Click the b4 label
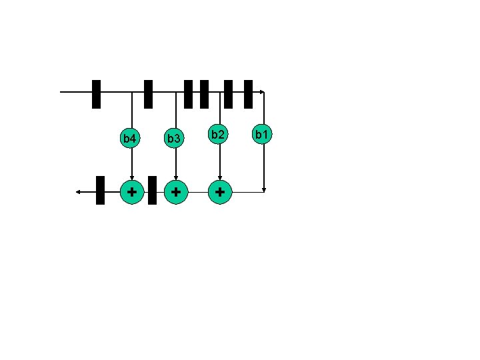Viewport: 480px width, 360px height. pyautogui.click(x=130, y=139)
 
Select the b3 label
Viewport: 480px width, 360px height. pyautogui.click(x=174, y=139)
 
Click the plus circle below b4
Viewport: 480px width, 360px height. pyautogui.click(x=132, y=191)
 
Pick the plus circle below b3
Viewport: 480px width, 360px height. pyautogui.click(x=175, y=191)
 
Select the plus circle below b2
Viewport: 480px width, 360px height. pyautogui.click(x=220, y=192)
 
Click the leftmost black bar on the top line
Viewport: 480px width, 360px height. pyautogui.click(x=96, y=94)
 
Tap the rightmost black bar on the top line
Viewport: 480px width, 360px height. pyautogui.click(x=248, y=94)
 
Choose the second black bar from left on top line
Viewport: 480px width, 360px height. pyautogui.click(x=149, y=94)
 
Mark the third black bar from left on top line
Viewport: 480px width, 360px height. pyautogui.click(x=188, y=94)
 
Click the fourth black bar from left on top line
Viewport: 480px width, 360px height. pyautogui.click(x=204, y=94)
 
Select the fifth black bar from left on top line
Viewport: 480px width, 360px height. pyautogui.click(x=228, y=94)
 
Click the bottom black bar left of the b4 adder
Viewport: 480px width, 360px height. pyautogui.click(x=100, y=190)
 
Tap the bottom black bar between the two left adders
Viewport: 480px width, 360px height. pyautogui.click(x=152, y=190)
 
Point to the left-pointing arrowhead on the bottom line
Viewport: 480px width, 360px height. pyautogui.click(x=78, y=191)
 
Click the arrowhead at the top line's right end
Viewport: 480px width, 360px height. pyautogui.click(x=263, y=92)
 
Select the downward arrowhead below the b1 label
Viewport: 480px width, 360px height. pyautogui.click(x=265, y=189)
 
